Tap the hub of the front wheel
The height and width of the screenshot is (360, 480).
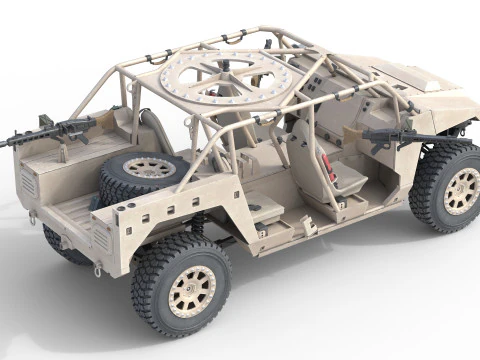click(461, 191)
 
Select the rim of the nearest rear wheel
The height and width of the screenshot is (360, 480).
click(191, 291)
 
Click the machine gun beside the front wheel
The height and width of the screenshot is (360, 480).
click(400, 135)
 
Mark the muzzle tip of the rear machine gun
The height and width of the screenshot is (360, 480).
click(3, 144)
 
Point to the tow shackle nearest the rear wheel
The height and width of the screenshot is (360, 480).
click(98, 269)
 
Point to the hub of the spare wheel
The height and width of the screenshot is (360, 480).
click(149, 167)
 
